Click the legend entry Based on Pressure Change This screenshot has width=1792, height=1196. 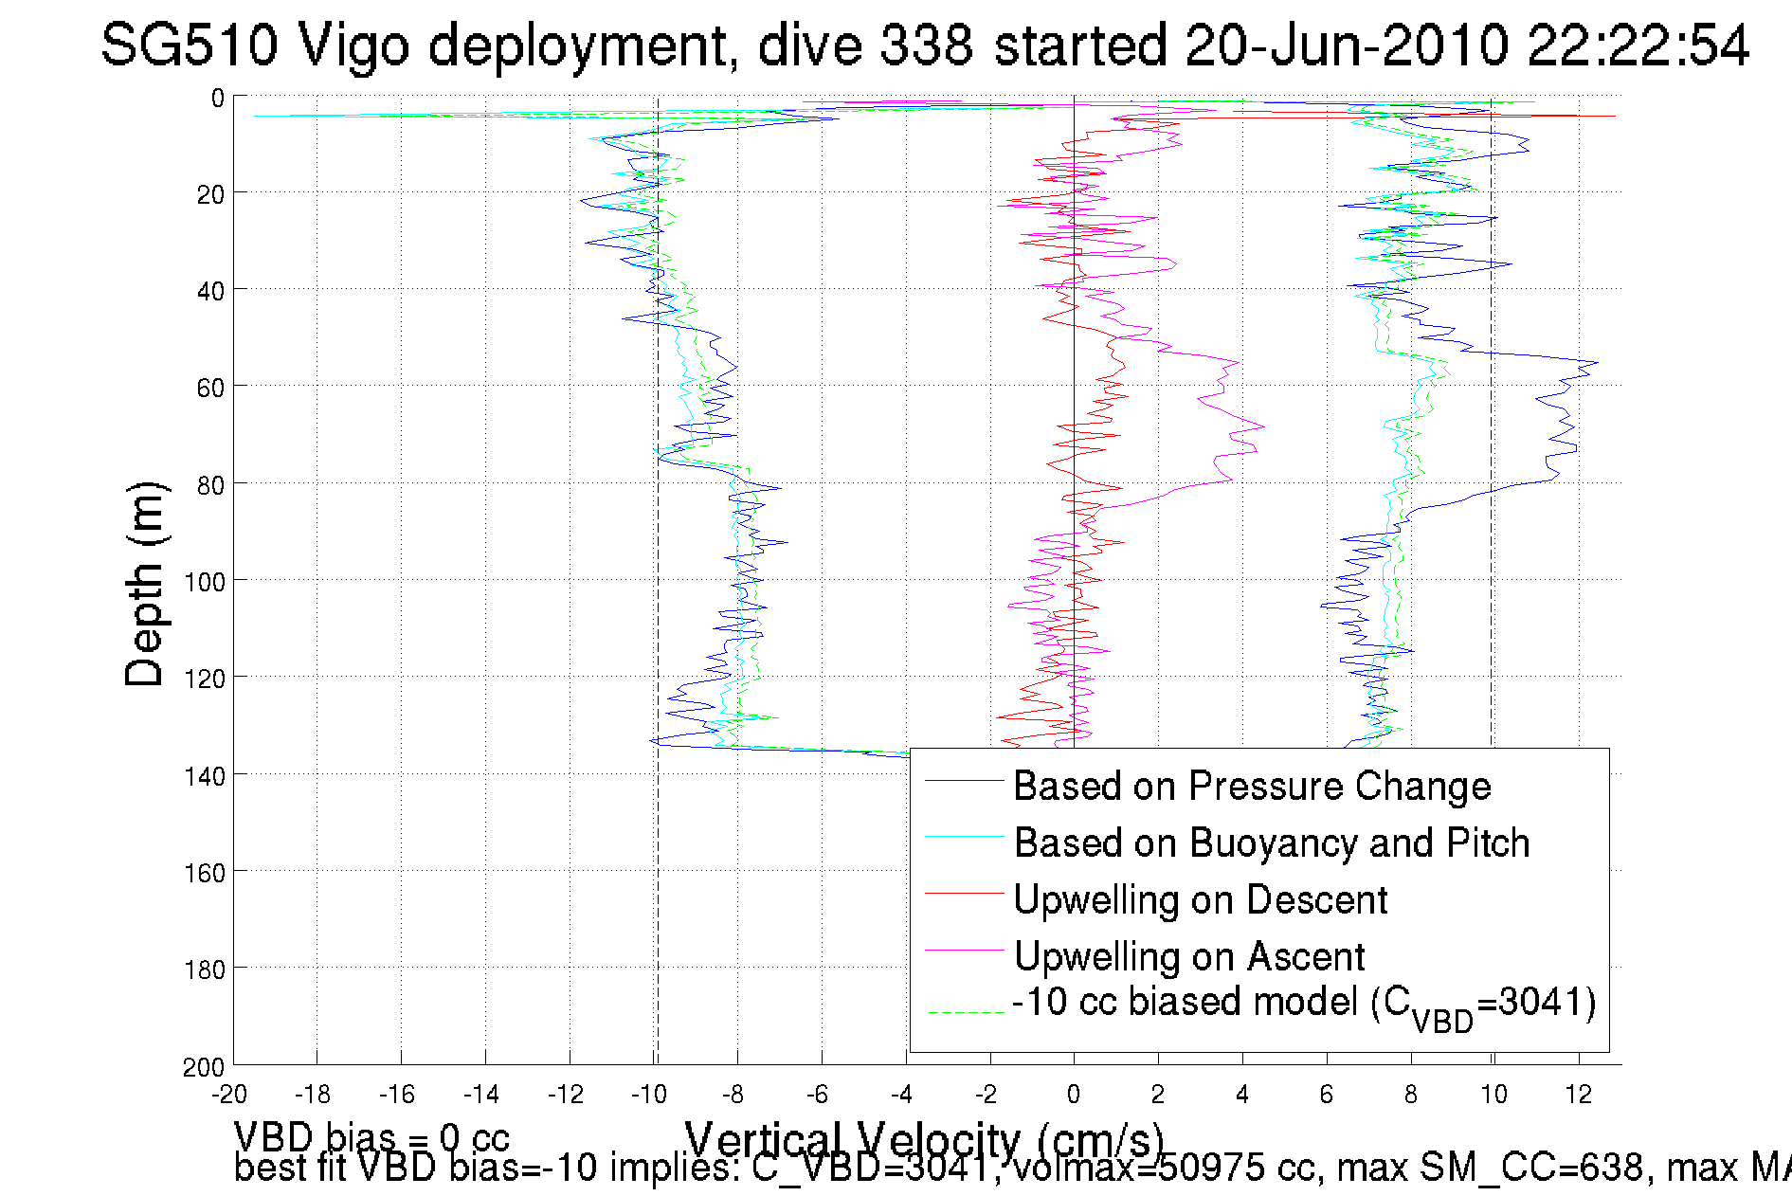pos(1251,786)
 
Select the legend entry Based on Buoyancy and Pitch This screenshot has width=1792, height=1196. pos(1271,843)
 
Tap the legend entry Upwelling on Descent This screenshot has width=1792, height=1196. pos(1200,899)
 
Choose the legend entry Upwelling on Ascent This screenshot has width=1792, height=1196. pos(1188,956)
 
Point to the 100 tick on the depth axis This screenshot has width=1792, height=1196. pos(205,582)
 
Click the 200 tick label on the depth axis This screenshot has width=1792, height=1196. pos(205,1067)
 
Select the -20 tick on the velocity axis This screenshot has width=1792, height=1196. pos(229,1095)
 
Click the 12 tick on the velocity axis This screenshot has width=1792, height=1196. pos(1578,1095)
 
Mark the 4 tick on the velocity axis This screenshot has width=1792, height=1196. pos(1241,1095)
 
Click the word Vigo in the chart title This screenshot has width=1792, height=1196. pos(354,45)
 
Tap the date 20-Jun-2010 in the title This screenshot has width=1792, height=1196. pos(1347,45)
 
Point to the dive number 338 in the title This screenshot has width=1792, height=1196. pos(926,45)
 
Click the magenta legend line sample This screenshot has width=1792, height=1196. pos(964,951)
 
